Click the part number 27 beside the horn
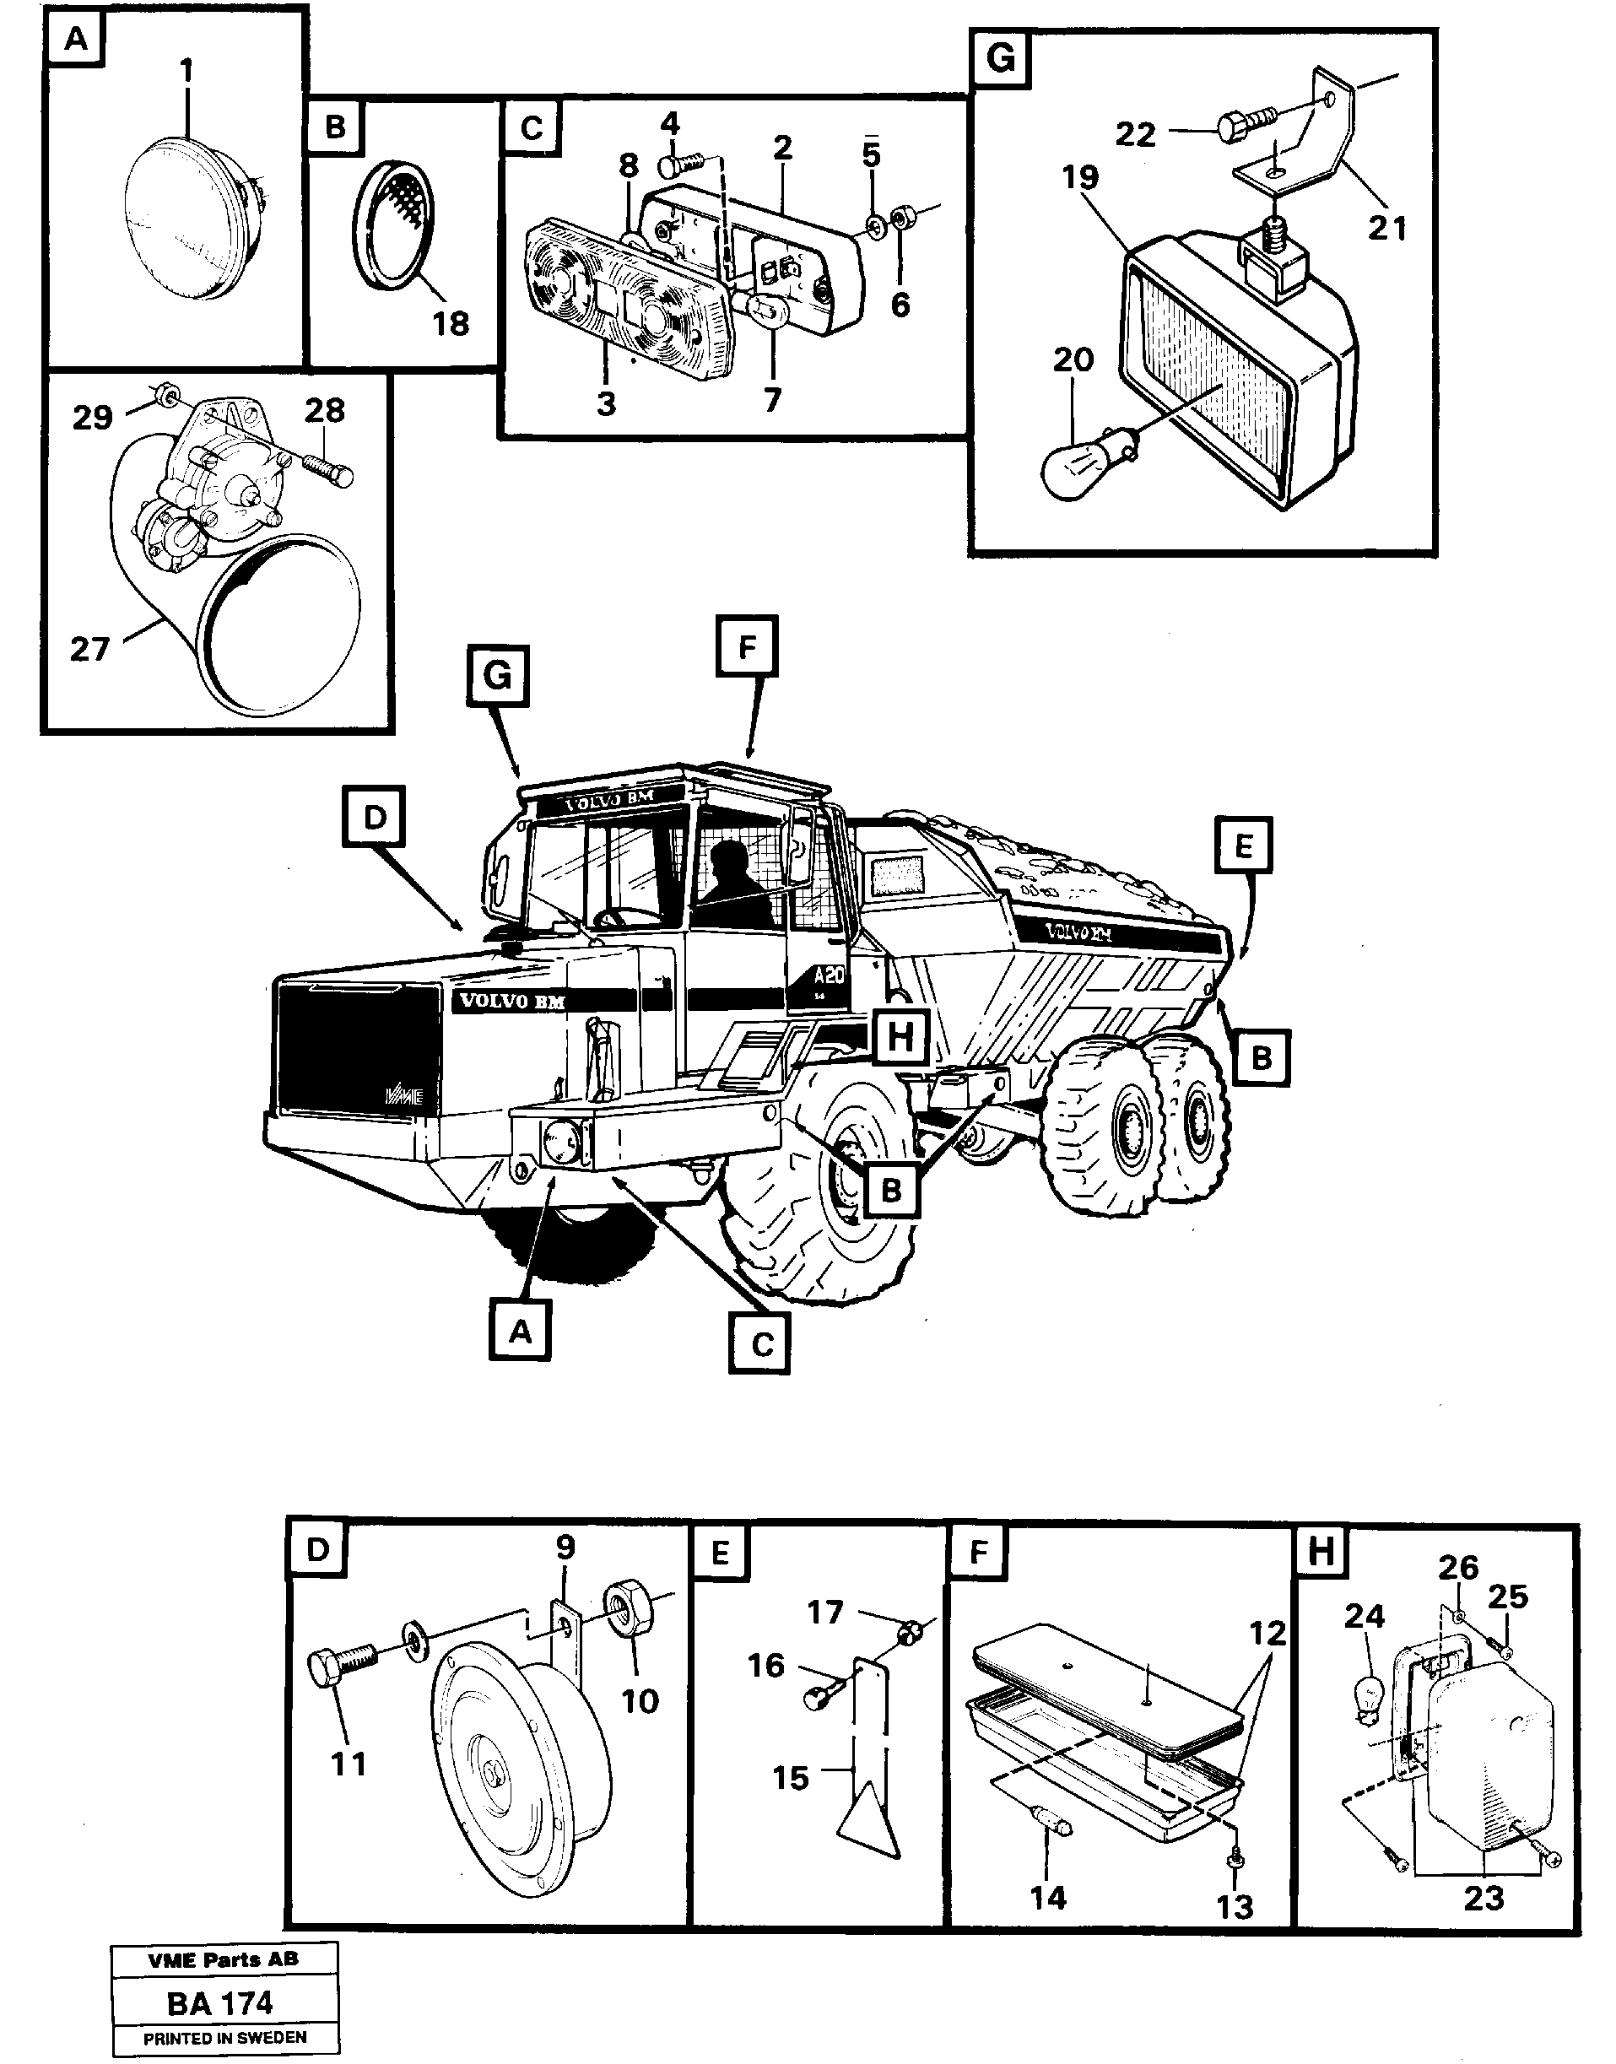(90, 649)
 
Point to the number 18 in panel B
(451, 323)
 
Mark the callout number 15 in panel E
(790, 1778)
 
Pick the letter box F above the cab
(747, 648)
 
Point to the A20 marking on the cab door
(829, 975)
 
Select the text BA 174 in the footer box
(219, 2002)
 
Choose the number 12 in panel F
(1267, 1633)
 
